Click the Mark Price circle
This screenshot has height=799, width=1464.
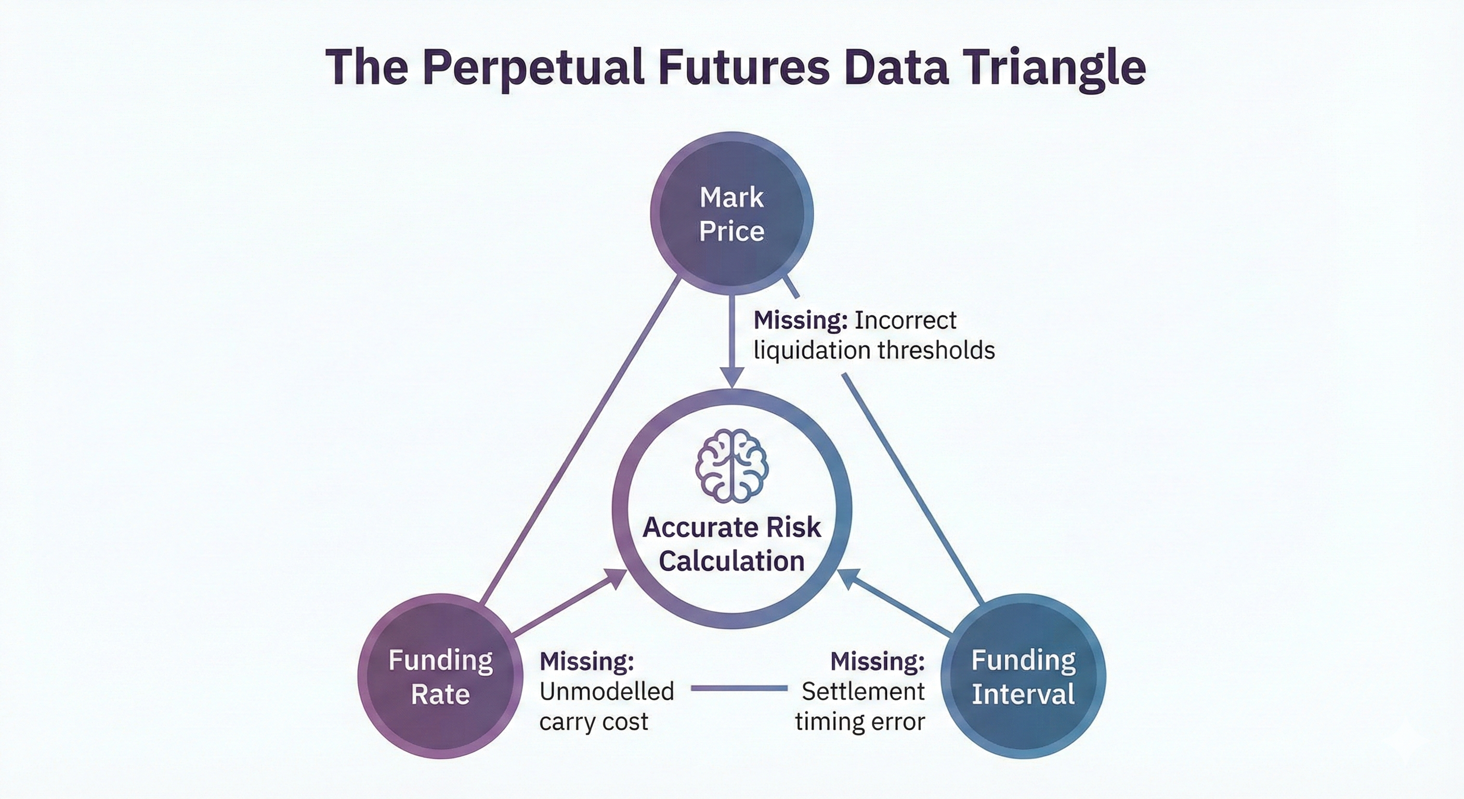click(x=731, y=214)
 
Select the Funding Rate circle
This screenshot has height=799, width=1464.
click(x=440, y=676)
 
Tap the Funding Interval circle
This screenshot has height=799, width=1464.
click(x=1024, y=676)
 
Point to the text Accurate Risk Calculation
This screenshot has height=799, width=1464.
click(x=732, y=544)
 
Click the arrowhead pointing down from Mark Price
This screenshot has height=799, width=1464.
click(x=732, y=378)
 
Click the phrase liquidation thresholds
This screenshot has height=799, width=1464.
click(x=874, y=350)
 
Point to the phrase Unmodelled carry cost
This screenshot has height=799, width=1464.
click(x=606, y=707)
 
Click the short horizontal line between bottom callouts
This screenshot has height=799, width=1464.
click(x=739, y=688)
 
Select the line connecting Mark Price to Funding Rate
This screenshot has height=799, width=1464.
click(x=580, y=441)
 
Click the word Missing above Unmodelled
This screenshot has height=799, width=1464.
click(x=586, y=661)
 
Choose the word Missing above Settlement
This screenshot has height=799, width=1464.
click(x=878, y=661)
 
